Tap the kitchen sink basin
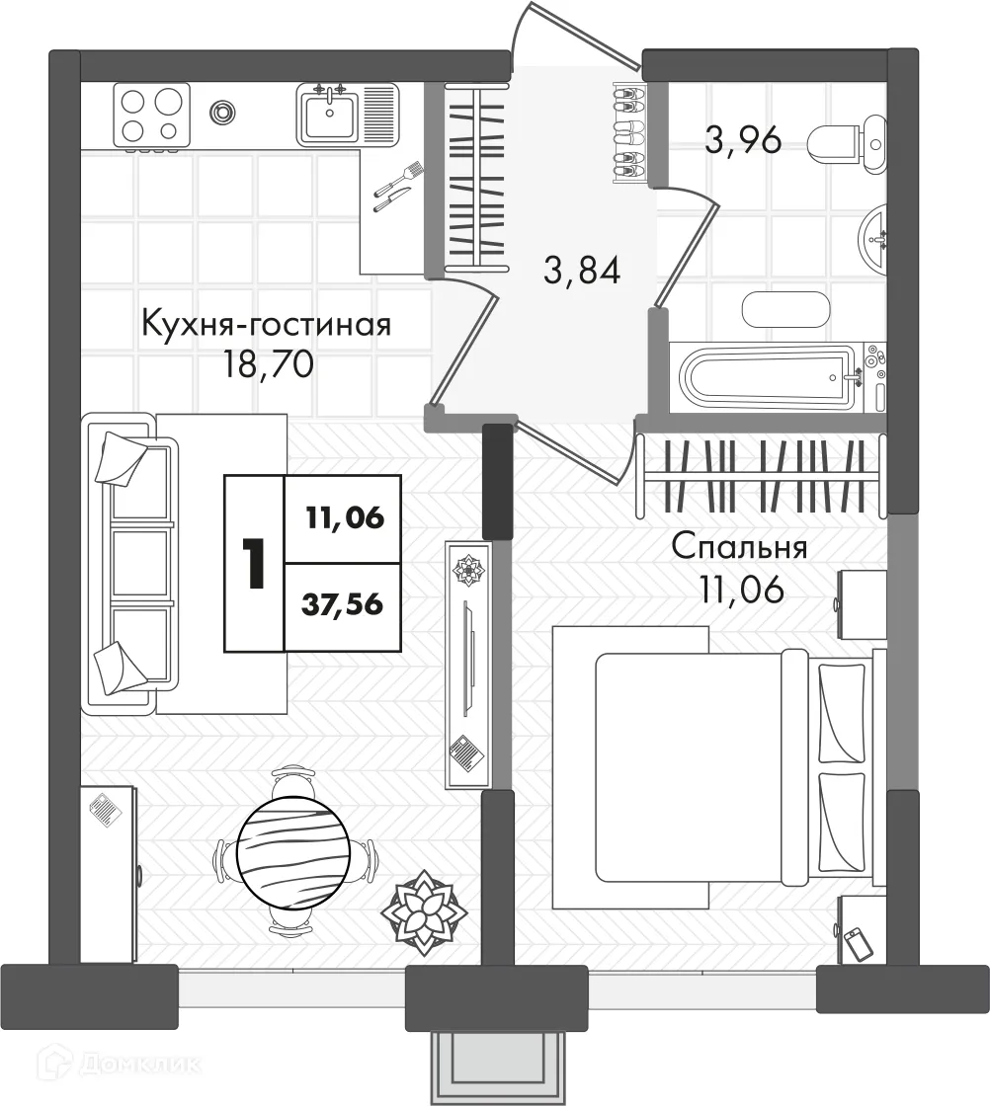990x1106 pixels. (x=330, y=116)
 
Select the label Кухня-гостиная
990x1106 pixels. (x=267, y=326)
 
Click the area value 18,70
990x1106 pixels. (x=268, y=364)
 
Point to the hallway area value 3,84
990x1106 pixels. (x=582, y=271)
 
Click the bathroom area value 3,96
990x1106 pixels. (x=744, y=139)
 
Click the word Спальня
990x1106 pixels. (x=739, y=547)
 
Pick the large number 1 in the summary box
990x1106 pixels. (x=253, y=563)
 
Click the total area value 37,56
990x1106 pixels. (x=342, y=604)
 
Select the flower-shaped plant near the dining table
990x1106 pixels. (x=424, y=912)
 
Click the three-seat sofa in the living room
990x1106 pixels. (x=130, y=563)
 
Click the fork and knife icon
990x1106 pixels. (x=397, y=187)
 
